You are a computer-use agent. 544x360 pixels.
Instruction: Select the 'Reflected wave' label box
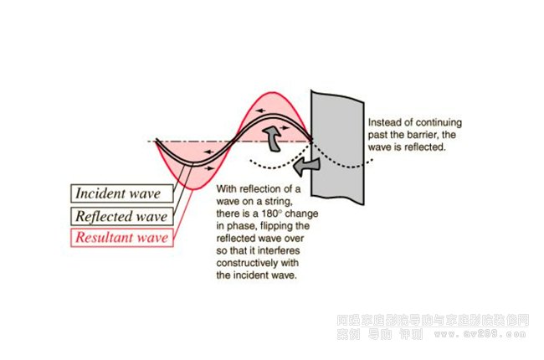pyautogui.click(x=122, y=216)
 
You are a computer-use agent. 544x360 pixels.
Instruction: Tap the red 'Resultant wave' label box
pyautogui.click(x=122, y=238)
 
